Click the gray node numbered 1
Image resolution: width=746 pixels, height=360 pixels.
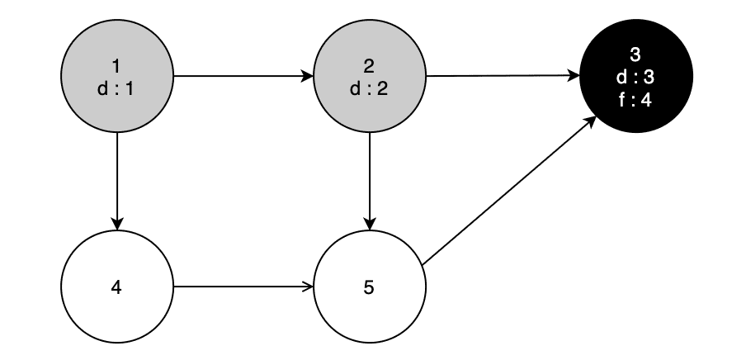click(117, 78)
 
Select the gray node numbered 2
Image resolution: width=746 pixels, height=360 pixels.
click(370, 78)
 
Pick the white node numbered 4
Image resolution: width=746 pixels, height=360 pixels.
click(117, 287)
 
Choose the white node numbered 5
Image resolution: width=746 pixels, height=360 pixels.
click(370, 287)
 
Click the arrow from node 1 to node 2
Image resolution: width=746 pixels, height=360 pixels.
click(243, 78)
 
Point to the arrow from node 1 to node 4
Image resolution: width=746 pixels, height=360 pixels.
click(117, 182)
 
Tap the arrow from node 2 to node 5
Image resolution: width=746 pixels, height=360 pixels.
click(370, 182)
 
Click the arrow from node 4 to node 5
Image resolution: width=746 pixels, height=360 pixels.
click(243, 287)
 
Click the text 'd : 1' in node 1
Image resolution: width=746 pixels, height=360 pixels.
click(116, 90)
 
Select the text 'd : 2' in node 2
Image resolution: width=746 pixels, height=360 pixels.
click(369, 90)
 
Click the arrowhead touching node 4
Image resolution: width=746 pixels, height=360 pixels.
click(117, 224)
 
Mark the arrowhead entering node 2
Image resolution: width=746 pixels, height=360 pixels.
click(308, 78)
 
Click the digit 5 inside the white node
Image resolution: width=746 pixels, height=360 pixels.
click(370, 287)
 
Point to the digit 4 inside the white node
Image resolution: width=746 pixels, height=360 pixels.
click(117, 287)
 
